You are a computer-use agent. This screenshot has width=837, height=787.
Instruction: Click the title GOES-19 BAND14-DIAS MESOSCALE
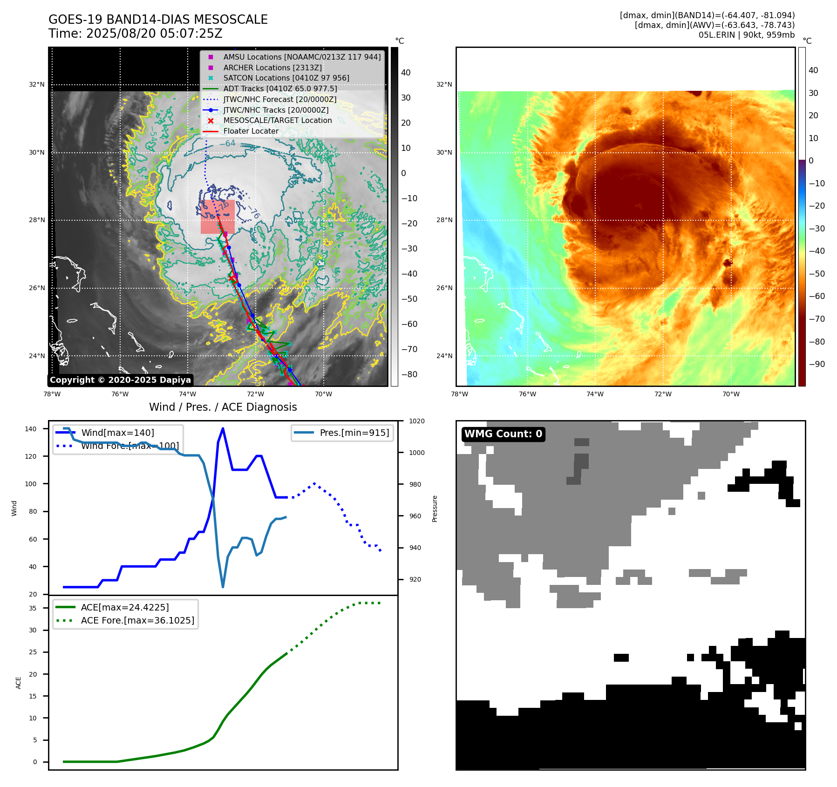click(x=158, y=20)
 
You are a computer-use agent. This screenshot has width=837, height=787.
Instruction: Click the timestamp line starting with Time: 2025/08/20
click(x=135, y=34)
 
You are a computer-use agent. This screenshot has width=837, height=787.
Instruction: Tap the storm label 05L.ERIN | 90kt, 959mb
click(x=746, y=35)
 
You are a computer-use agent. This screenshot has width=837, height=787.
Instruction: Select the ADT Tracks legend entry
click(x=280, y=88)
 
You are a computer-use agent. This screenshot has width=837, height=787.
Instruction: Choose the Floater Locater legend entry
click(x=251, y=131)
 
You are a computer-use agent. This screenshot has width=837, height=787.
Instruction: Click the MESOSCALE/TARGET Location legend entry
click(x=277, y=120)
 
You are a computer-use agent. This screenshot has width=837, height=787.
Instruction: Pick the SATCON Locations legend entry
click(x=286, y=78)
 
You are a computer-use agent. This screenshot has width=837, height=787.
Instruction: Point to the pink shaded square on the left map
click(x=218, y=217)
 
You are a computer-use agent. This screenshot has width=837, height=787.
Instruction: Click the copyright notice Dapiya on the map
click(x=120, y=380)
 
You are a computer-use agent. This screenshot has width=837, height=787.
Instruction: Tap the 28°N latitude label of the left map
click(x=37, y=220)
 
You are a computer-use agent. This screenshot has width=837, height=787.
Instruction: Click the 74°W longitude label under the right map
click(x=595, y=394)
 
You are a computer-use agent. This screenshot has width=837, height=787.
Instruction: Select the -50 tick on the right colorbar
click(x=817, y=273)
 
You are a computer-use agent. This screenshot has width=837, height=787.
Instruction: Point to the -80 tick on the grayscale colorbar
click(x=409, y=374)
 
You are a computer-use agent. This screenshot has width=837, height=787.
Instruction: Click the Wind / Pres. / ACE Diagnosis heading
click(x=223, y=407)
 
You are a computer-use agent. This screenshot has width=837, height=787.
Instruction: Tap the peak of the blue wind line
click(x=223, y=428)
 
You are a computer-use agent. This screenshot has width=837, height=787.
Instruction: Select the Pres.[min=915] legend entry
click(x=354, y=433)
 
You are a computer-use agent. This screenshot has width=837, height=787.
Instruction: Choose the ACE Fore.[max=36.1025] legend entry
click(x=137, y=620)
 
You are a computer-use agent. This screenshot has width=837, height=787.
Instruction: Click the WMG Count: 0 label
click(x=503, y=434)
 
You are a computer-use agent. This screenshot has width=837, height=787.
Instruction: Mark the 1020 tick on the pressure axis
click(x=416, y=421)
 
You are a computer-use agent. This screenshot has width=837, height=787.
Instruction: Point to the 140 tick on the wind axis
click(x=31, y=429)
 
